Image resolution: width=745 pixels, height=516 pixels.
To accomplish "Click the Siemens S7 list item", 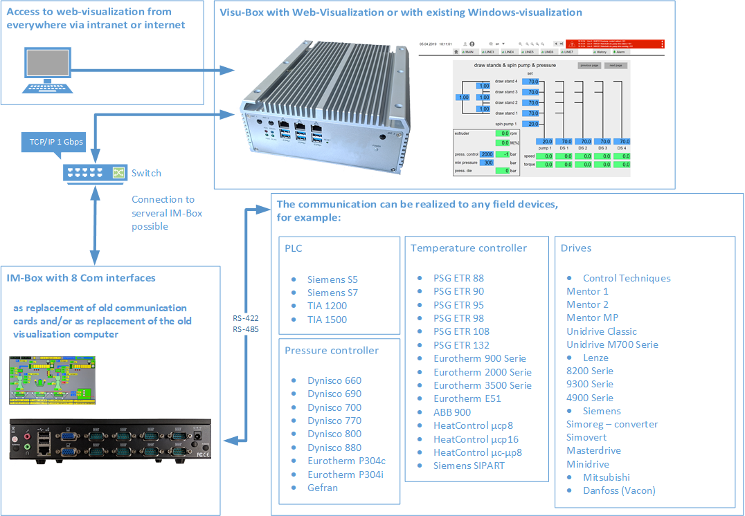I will [332, 293].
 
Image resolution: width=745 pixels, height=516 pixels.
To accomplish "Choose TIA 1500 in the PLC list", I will [327, 320].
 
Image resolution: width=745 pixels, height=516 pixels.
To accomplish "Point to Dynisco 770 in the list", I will [334, 421].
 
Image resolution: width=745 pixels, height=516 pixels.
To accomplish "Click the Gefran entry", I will [323, 488].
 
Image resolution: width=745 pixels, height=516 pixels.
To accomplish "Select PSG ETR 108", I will [461, 331].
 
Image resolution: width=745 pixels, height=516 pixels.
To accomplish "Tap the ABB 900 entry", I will [452, 412].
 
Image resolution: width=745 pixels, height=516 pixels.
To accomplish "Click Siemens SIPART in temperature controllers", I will [469, 466].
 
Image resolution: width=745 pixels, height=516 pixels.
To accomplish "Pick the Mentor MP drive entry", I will [592, 317].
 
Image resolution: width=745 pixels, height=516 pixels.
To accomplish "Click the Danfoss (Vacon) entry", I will [619, 490].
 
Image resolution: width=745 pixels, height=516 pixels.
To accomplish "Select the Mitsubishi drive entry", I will [607, 477].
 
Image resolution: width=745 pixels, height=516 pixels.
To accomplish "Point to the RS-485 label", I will [246, 330].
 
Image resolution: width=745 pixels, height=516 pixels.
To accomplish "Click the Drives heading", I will [577, 248].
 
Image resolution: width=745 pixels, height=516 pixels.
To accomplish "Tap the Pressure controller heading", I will [332, 351].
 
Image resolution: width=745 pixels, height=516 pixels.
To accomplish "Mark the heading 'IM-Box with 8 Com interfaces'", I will [81, 278].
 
